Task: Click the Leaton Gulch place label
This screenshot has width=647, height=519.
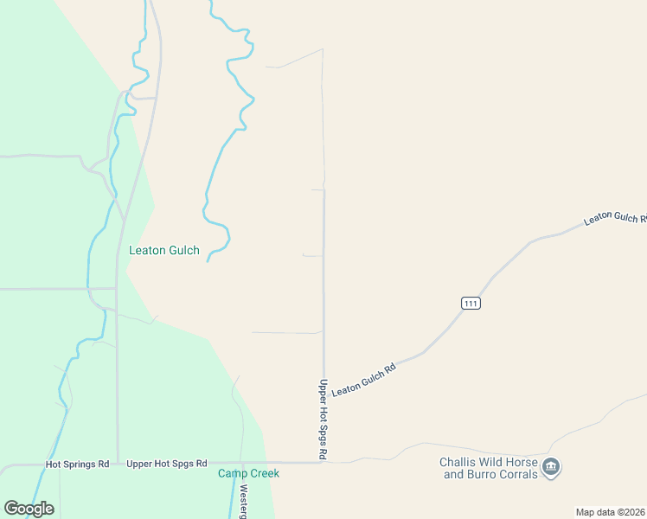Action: pos(164,251)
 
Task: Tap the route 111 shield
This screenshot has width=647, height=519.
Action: pos(470,303)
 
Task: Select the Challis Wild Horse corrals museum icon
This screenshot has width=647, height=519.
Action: pos(552,468)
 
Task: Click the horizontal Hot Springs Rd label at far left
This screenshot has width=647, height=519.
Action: pos(77,464)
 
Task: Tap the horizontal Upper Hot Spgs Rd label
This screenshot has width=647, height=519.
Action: pos(167,464)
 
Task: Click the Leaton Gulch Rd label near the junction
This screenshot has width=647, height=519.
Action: pos(363,380)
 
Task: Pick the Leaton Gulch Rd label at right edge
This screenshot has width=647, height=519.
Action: pos(615,218)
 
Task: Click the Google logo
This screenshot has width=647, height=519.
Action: pos(29,509)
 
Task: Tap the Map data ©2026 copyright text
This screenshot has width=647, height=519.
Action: pos(610,512)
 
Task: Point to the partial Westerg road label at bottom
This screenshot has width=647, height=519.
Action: pos(244,501)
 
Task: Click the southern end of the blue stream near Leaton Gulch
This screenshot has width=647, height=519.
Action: pos(208,260)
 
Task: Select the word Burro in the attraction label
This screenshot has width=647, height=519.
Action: pos(477,474)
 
